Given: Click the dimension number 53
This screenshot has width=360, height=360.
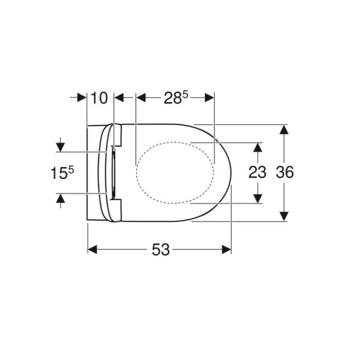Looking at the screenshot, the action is pos(160,249).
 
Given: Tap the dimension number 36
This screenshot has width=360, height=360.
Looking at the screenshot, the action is pos(285,172).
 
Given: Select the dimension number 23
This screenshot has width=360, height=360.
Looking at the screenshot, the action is pos(257,172).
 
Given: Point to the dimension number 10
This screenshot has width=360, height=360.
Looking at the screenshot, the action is pos(99,98).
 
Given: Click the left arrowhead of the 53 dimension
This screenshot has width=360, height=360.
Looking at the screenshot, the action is pos(92,249).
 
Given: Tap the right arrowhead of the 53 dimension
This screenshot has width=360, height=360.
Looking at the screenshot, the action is pos(226,249).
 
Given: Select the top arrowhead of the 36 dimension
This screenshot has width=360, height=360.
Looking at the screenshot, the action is pos(284,130).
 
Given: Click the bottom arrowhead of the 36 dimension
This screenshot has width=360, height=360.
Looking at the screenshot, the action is pos(284,217).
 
